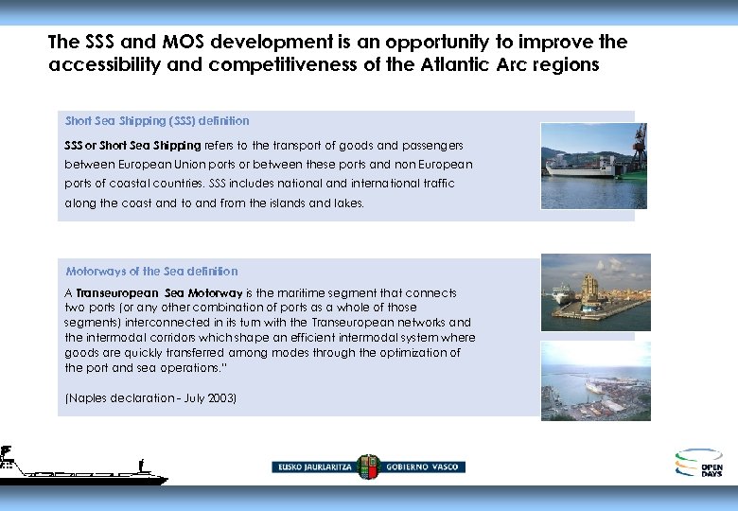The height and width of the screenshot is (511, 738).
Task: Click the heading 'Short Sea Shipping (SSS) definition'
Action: tap(157, 121)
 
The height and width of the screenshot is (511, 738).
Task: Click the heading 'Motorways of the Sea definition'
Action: tap(151, 272)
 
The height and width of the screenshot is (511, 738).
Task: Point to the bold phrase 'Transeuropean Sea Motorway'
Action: tap(159, 293)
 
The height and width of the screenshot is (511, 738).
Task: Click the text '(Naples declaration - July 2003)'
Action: tap(150, 398)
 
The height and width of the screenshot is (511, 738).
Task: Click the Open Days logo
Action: tap(699, 463)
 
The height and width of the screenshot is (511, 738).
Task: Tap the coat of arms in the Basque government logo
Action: tap(368, 466)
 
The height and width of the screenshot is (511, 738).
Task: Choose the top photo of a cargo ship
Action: tap(593, 166)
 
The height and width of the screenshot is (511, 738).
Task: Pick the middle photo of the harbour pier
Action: tap(595, 292)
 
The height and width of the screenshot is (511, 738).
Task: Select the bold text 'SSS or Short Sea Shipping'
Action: tap(132, 146)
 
